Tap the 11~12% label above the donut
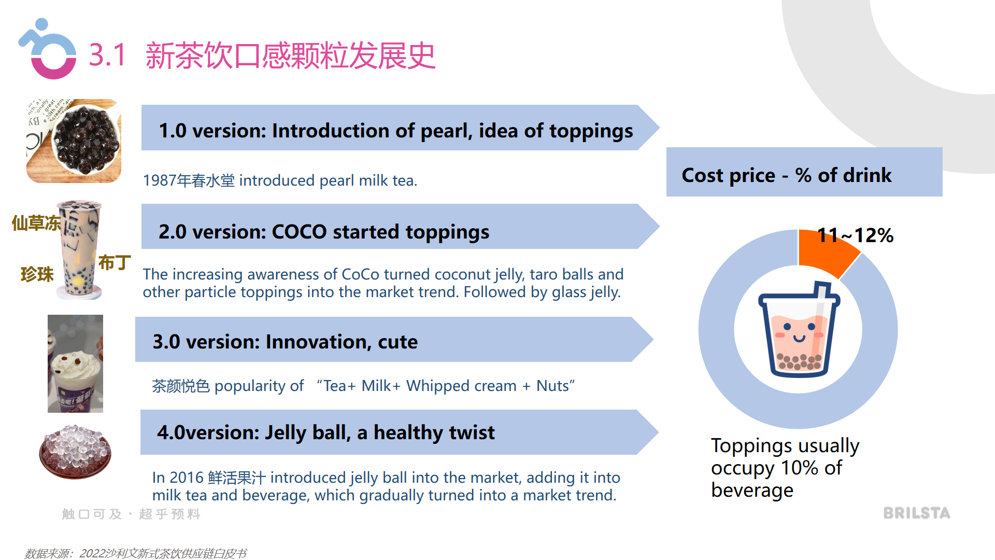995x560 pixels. click(855, 235)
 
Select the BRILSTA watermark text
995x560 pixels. click(916, 513)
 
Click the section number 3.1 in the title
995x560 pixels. click(107, 55)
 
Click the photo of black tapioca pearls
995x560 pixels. click(74, 141)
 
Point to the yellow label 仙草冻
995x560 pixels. click(36, 223)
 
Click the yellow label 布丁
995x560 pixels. click(114, 262)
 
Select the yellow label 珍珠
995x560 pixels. click(37, 274)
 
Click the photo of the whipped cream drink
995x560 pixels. click(76, 363)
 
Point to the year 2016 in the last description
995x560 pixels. click(186, 478)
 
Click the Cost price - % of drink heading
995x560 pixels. click(786, 175)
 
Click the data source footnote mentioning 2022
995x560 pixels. click(136, 553)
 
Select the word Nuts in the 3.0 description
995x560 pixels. click(552, 386)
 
